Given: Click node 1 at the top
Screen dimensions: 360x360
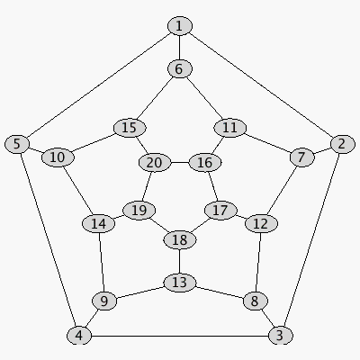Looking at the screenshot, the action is click(179, 26).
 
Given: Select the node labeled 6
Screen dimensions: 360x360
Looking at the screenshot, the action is click(179, 68).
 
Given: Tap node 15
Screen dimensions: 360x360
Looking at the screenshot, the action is click(130, 128).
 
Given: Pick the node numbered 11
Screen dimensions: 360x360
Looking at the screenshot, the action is click(230, 128).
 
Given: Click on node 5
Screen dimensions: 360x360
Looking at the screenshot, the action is click(17, 144).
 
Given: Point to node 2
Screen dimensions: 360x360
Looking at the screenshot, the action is click(342, 144).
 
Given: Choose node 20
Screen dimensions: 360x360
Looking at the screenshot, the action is click(155, 163).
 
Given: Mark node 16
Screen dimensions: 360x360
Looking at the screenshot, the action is click(205, 163).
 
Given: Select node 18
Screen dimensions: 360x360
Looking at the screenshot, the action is click(180, 240).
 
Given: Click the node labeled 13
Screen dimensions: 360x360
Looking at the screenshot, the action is click(180, 283).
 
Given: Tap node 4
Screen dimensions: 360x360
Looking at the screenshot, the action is click(79, 336).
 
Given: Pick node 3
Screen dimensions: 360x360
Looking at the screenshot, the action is click(280, 336).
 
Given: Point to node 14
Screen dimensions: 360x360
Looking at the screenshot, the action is click(98, 223).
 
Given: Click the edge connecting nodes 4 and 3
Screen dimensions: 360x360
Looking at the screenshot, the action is click(180, 336).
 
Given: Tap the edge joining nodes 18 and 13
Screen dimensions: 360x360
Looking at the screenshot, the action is click(179, 261).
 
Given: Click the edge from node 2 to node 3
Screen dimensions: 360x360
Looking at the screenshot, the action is click(311, 239).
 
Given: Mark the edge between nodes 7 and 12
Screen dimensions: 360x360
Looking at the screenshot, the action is click(282, 191).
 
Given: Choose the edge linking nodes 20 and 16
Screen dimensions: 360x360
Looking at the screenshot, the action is click(180, 163).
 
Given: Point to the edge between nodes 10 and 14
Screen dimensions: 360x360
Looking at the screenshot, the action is click(78, 190).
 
